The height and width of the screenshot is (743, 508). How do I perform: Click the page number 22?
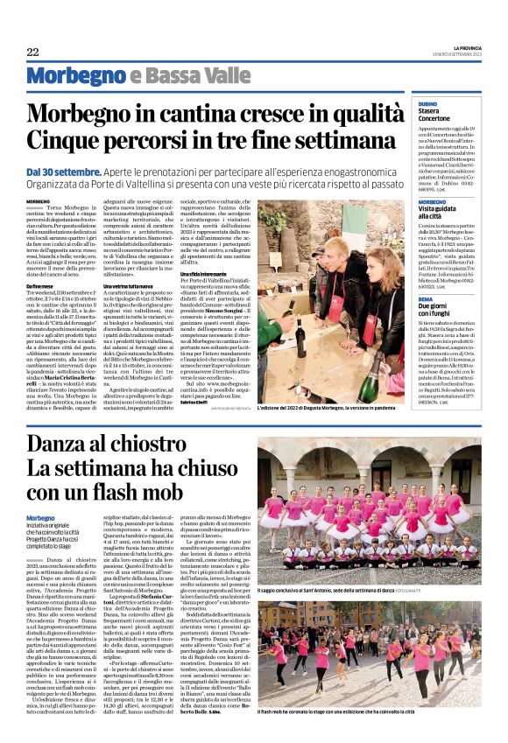pos(33,52)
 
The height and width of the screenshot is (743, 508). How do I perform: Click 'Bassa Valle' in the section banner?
pos(187,74)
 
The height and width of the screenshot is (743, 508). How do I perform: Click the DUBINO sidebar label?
pos(429,105)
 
